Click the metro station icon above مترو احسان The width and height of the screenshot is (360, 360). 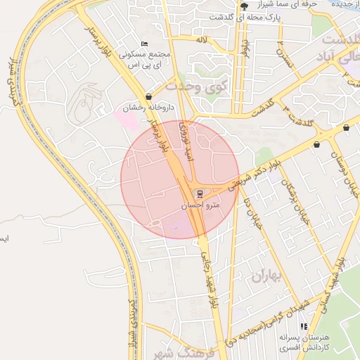coord(200,193)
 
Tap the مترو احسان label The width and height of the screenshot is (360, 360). coord(200,207)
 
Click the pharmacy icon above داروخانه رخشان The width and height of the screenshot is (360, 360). coord(148,97)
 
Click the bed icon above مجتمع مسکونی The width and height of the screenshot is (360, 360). coord(145,44)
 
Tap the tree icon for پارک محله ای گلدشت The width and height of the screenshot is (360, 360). coord(244,4)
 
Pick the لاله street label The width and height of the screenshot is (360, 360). coord(202,39)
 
